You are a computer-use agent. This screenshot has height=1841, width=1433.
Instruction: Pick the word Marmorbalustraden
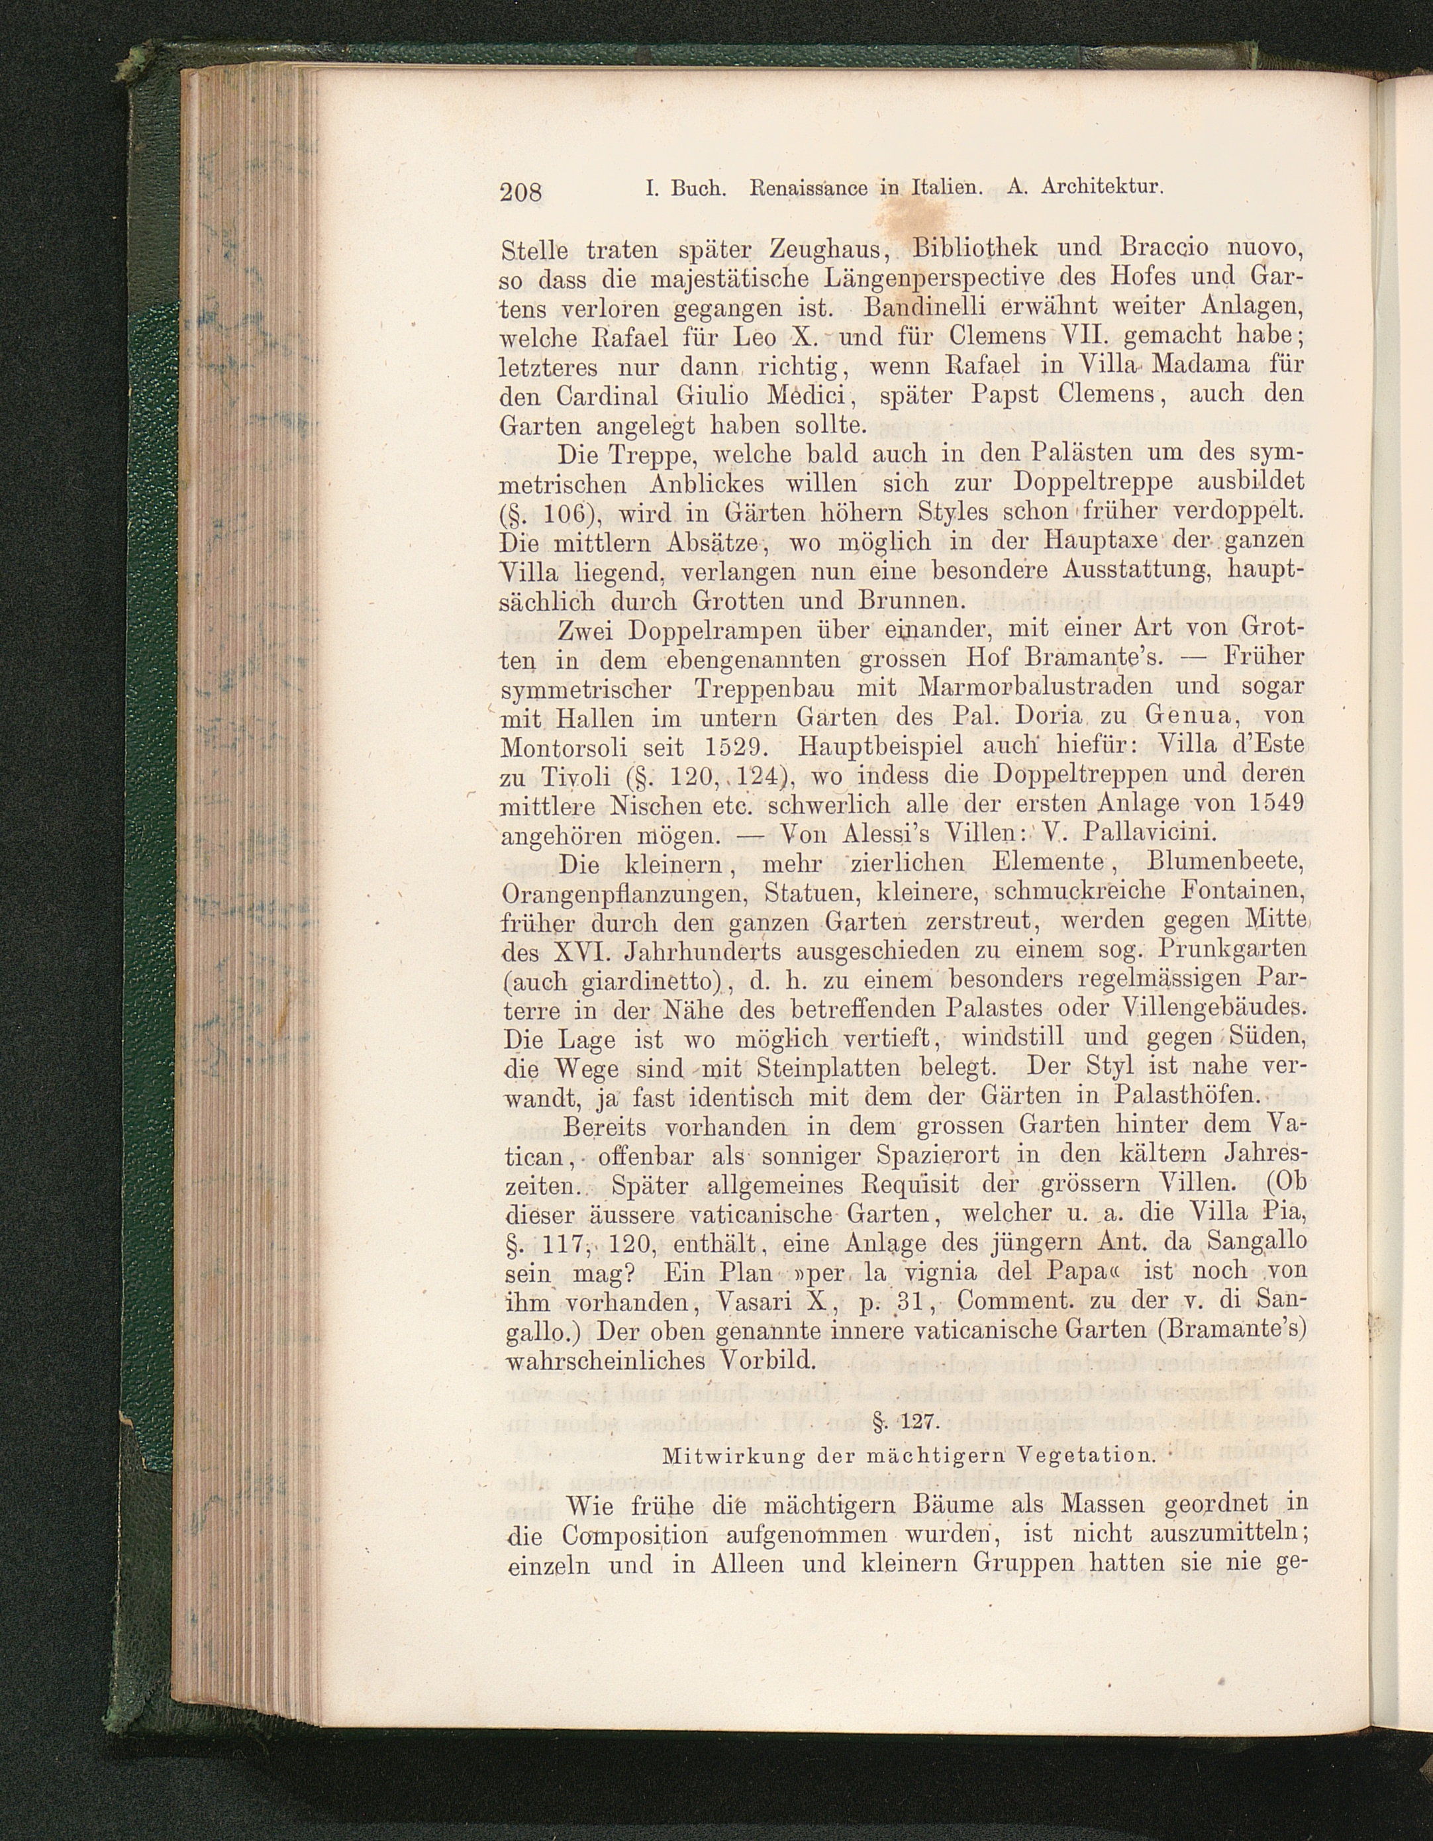coord(1034,685)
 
